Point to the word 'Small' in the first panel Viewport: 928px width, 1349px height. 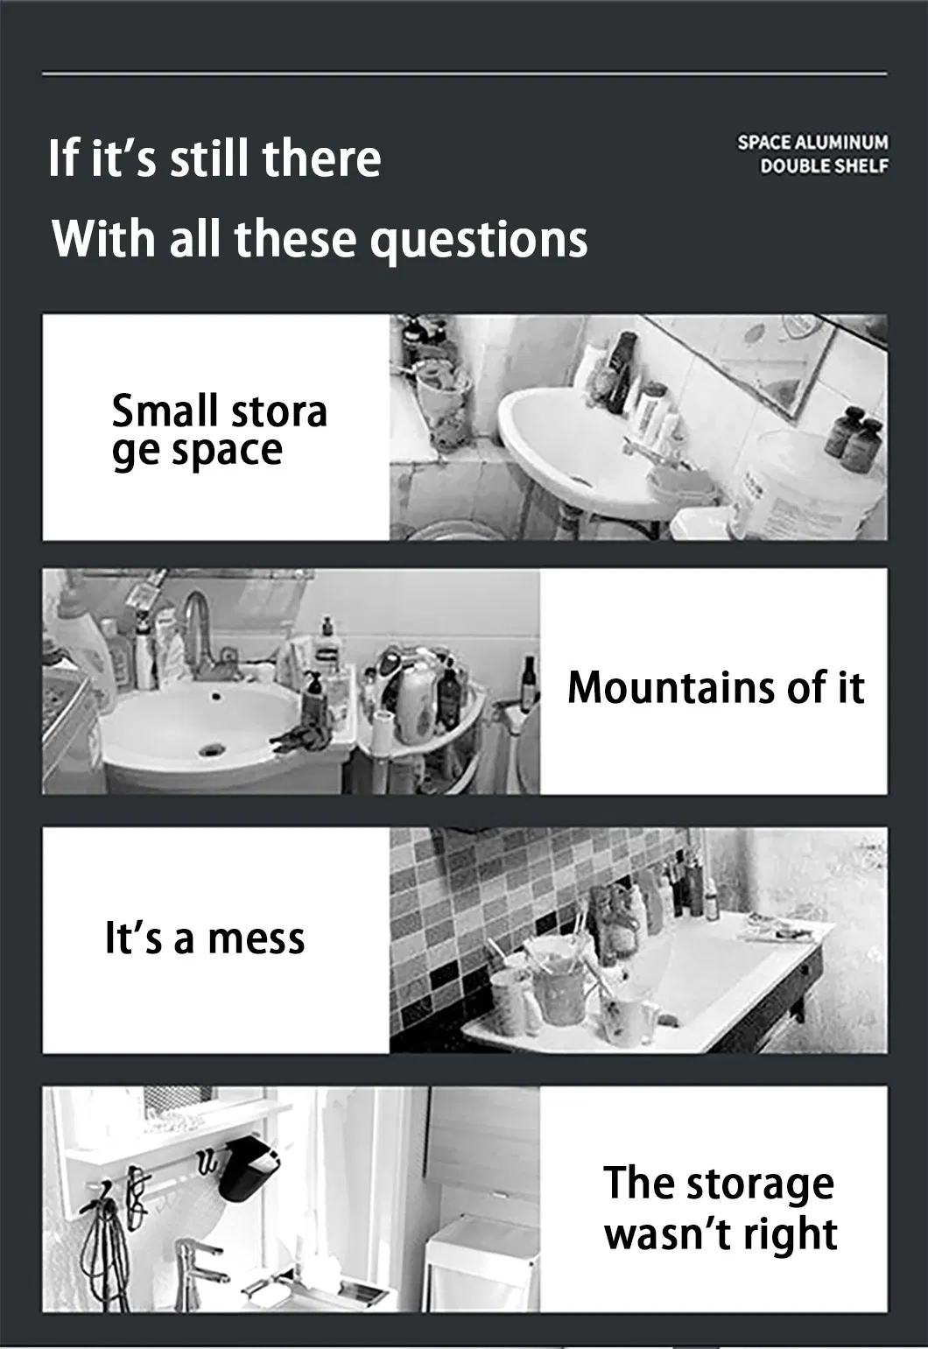pyautogui.click(x=164, y=411)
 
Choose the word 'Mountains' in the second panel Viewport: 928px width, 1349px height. pyautogui.click(x=666, y=687)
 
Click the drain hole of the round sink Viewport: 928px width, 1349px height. pyautogui.click(x=211, y=749)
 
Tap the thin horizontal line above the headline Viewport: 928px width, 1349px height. pyautogui.click(x=464, y=74)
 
